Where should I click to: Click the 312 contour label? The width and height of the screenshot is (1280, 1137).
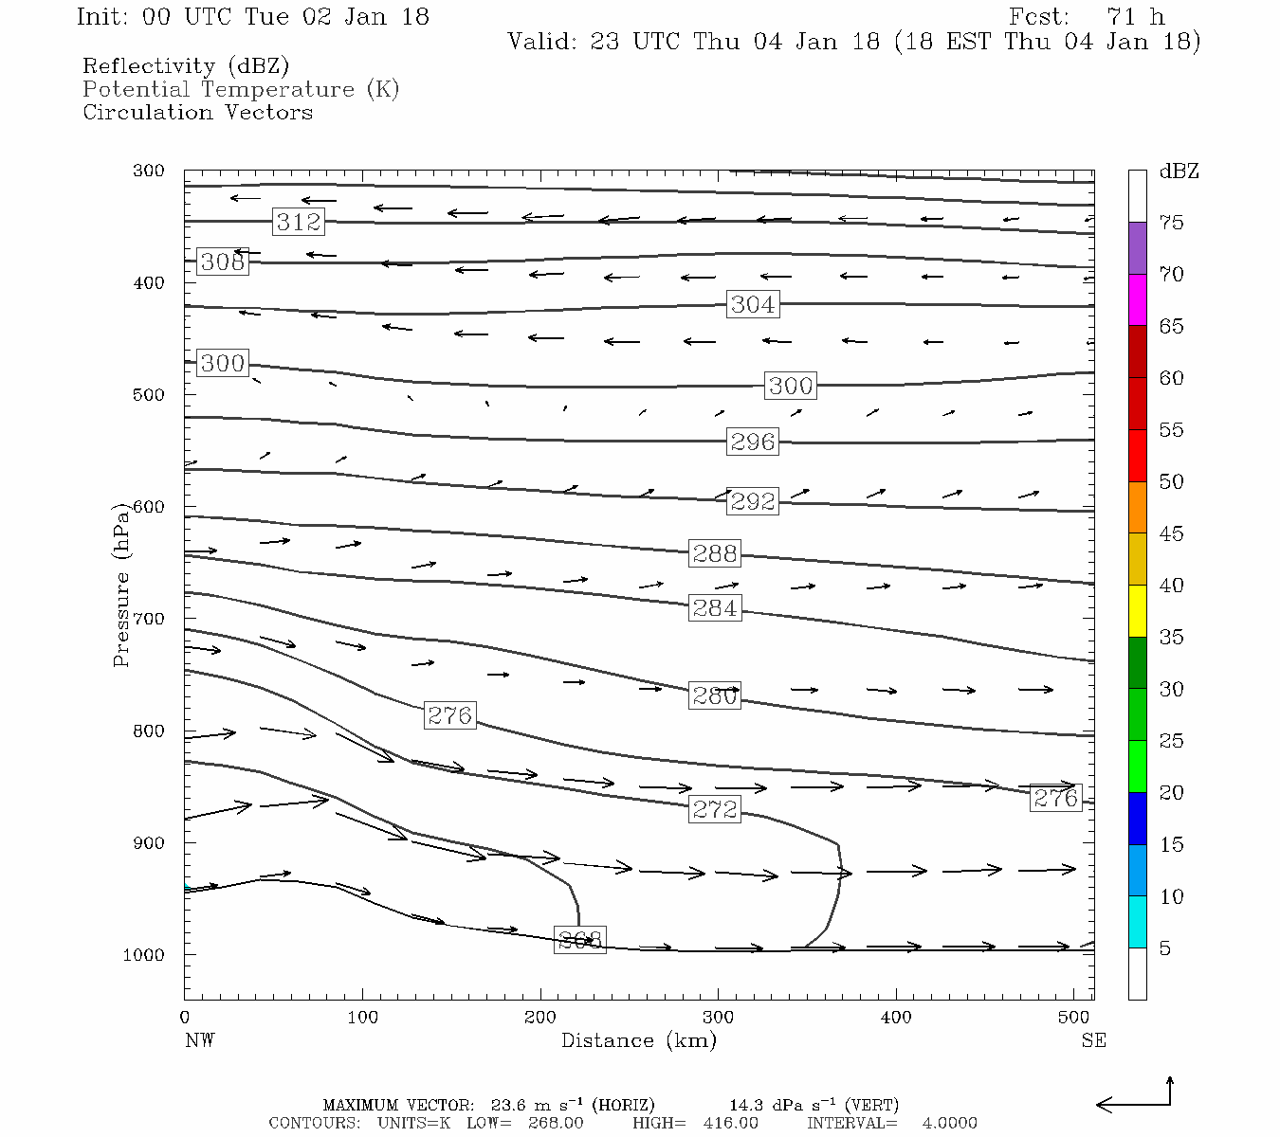pyautogui.click(x=299, y=222)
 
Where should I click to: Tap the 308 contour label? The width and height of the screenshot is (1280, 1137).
pyautogui.click(x=223, y=262)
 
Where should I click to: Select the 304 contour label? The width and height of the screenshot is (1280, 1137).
pyautogui.click(x=753, y=304)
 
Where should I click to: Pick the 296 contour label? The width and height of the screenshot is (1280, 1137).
pyautogui.click(x=753, y=442)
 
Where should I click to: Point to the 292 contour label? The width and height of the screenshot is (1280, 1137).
pyautogui.click(x=753, y=500)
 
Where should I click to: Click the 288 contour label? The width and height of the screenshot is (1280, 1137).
pyautogui.click(x=715, y=553)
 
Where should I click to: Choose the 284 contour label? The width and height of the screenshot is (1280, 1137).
pyautogui.click(x=715, y=607)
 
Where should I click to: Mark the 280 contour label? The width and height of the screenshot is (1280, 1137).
pyautogui.click(x=715, y=695)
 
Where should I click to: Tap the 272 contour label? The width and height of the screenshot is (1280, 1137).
pyautogui.click(x=715, y=808)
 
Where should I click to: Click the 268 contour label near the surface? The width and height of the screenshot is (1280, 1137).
pyautogui.click(x=579, y=940)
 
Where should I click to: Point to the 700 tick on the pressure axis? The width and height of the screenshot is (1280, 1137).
pyautogui.click(x=148, y=619)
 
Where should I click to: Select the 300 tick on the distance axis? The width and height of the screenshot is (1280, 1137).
pyautogui.click(x=718, y=1017)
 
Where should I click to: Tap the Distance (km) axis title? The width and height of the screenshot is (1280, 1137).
pyautogui.click(x=639, y=1040)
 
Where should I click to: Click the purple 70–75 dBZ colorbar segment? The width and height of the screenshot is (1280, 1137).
pyautogui.click(x=1137, y=248)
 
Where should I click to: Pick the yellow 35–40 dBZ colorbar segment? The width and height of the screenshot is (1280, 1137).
pyautogui.click(x=1137, y=611)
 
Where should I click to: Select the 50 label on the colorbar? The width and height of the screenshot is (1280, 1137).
pyautogui.click(x=1171, y=481)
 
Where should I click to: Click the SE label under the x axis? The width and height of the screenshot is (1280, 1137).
pyautogui.click(x=1093, y=1040)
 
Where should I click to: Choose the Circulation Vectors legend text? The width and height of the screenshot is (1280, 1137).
pyautogui.click(x=197, y=112)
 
